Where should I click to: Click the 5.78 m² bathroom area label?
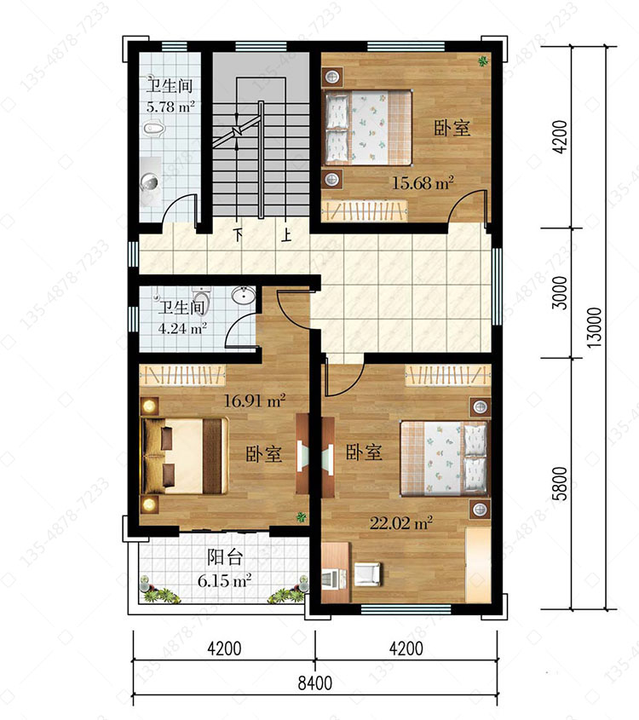(170, 107)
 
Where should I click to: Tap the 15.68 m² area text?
(423, 183)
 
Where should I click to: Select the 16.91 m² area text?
(254, 400)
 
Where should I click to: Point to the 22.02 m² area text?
(401, 523)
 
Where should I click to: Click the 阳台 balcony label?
(224, 557)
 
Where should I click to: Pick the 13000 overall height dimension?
(594, 327)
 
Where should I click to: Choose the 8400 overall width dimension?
(315, 683)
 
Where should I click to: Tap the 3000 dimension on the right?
(560, 293)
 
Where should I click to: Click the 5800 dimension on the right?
(560, 483)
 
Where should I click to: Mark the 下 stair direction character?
(238, 234)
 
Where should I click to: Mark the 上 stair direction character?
(286, 234)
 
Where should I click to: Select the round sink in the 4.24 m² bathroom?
(244, 296)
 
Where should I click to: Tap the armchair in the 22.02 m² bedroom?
(368, 574)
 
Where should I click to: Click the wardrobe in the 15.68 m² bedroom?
(365, 210)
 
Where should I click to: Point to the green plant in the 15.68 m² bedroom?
(482, 60)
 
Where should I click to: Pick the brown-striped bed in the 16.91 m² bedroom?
(186, 456)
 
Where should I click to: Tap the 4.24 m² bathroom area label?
(181, 328)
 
